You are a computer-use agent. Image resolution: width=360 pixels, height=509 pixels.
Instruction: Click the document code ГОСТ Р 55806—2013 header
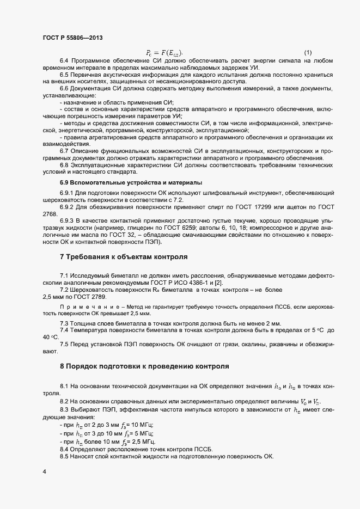(x=71, y=37)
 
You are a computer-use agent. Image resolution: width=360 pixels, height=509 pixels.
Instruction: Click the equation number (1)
(x=308, y=52)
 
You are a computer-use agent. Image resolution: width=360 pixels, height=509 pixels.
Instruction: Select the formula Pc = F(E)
(x=165, y=52)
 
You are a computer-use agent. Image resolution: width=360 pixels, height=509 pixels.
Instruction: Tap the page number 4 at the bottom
(x=44, y=469)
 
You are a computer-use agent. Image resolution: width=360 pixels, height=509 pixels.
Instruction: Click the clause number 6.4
(x=64, y=59)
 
